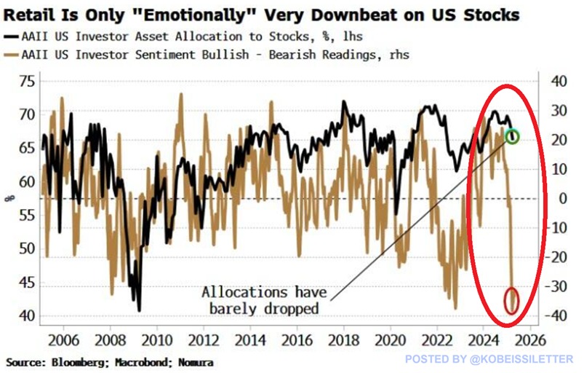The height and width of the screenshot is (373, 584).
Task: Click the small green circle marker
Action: pos(512,136)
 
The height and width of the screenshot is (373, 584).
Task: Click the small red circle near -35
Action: pos(512,300)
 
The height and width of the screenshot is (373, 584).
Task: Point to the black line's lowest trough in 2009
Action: pos(138,310)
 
